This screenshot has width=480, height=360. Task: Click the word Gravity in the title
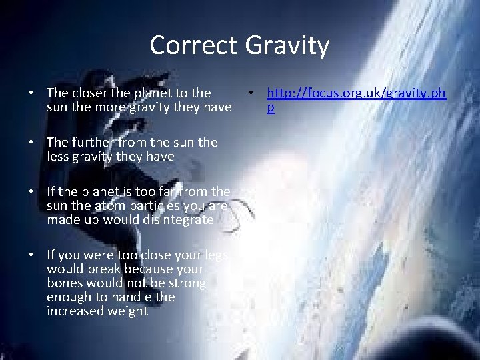pos(287,45)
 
